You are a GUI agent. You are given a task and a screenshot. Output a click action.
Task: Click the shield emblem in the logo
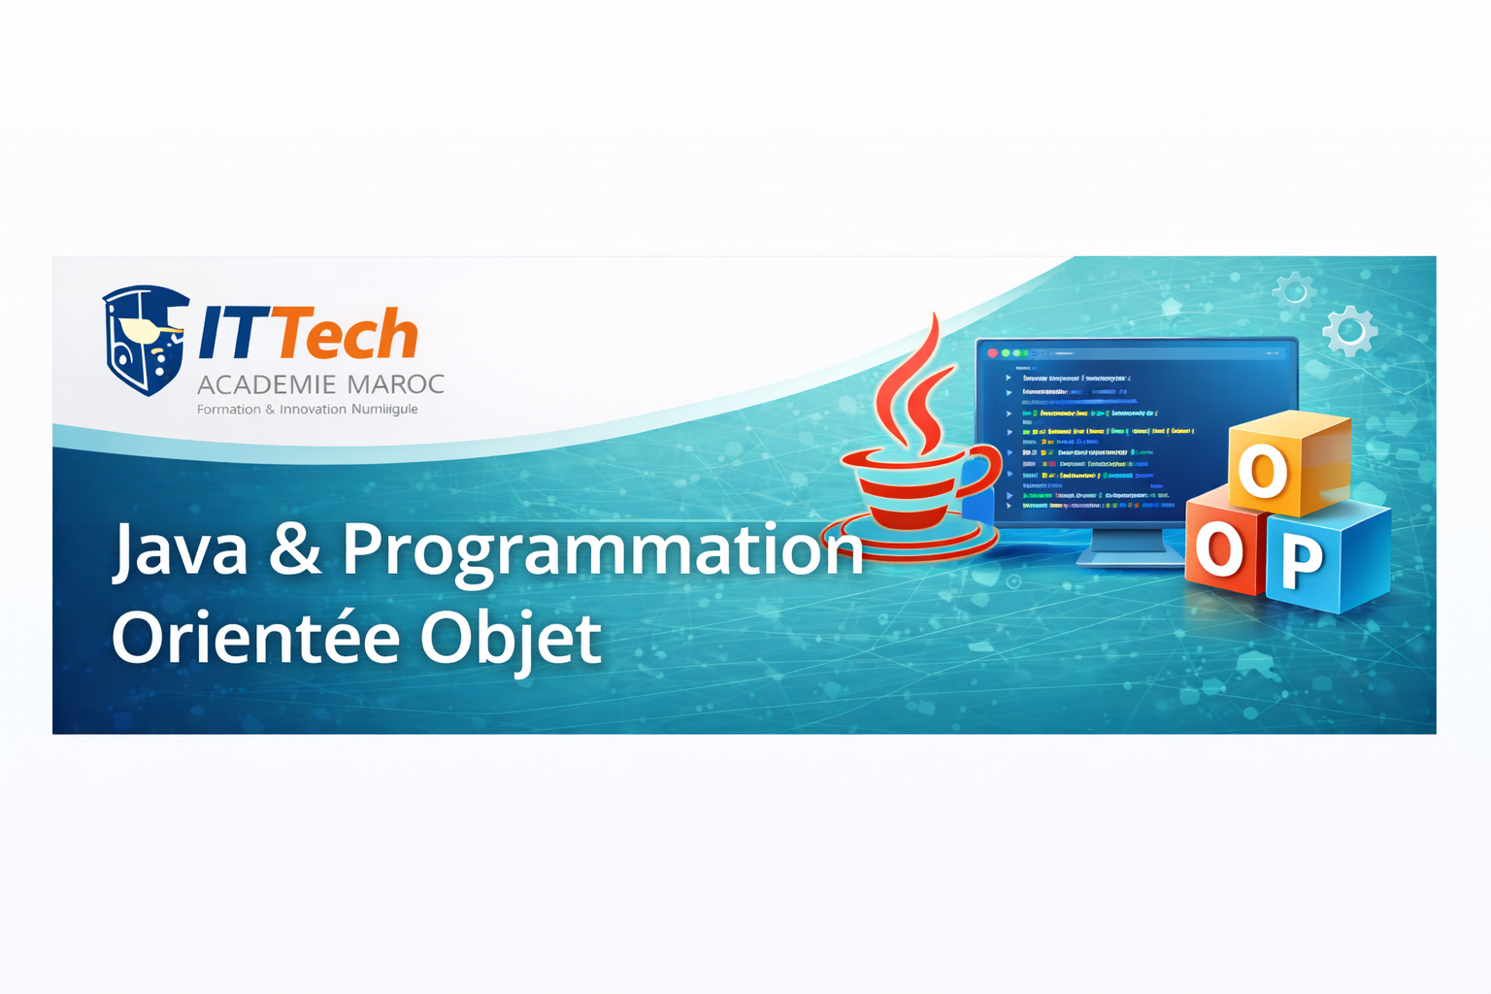point(145,339)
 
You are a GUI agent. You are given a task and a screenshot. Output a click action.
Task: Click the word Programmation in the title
point(602,551)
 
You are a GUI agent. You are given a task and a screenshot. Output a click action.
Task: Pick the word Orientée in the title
point(256,638)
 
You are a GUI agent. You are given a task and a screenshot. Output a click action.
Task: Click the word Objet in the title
point(512,639)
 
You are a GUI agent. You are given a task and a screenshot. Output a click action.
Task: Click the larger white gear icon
point(1349,331)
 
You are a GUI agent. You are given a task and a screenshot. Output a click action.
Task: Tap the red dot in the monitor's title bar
point(992,353)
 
